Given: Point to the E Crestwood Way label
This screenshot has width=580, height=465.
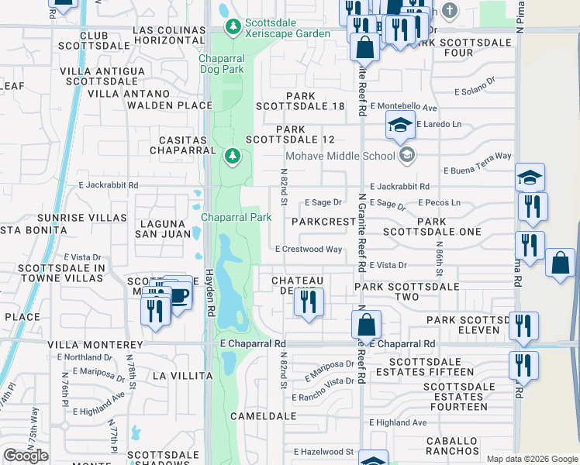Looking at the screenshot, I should pos(309,250).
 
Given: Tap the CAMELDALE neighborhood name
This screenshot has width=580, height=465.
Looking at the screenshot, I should pos(264,416).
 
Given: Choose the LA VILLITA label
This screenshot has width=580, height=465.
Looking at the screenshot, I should pos(182,376).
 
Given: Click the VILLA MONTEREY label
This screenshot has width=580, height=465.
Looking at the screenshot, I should pos(95,344).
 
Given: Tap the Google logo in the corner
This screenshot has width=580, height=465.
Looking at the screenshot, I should pos(26,456).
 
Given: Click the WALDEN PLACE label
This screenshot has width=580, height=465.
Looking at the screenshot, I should pos(170,105).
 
